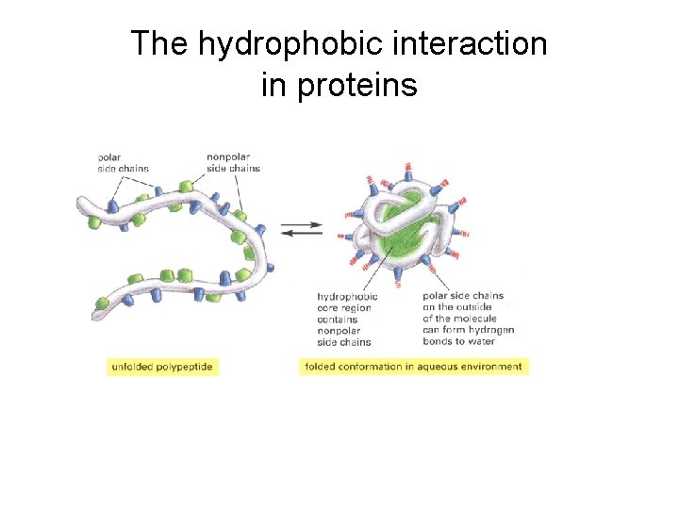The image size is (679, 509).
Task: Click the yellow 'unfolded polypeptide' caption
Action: [x=162, y=366]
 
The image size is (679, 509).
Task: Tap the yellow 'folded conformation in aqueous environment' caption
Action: [x=413, y=366]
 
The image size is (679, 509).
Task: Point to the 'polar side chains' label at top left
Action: [x=119, y=162]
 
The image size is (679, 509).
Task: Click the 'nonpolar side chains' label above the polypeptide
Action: [x=233, y=162]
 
